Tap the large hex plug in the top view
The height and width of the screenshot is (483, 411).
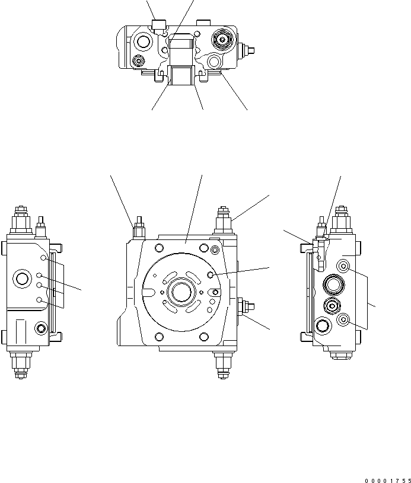tap(222, 40)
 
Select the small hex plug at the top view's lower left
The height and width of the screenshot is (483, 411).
tap(139, 61)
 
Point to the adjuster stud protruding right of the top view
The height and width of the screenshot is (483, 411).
tap(247, 50)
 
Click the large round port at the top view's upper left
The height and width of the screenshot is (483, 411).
tap(143, 41)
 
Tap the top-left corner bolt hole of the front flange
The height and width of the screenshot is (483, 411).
tap(158, 248)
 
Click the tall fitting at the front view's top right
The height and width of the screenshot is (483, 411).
tap(224, 220)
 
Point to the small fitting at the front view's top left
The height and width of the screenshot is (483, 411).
tap(138, 228)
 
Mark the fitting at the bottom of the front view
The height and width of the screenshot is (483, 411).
tap(224, 364)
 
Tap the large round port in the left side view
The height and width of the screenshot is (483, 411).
tap(24, 278)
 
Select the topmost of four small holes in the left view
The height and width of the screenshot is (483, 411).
tap(43, 258)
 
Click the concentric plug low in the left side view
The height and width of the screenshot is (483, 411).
tap(41, 328)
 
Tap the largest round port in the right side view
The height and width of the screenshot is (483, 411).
tap(332, 286)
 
